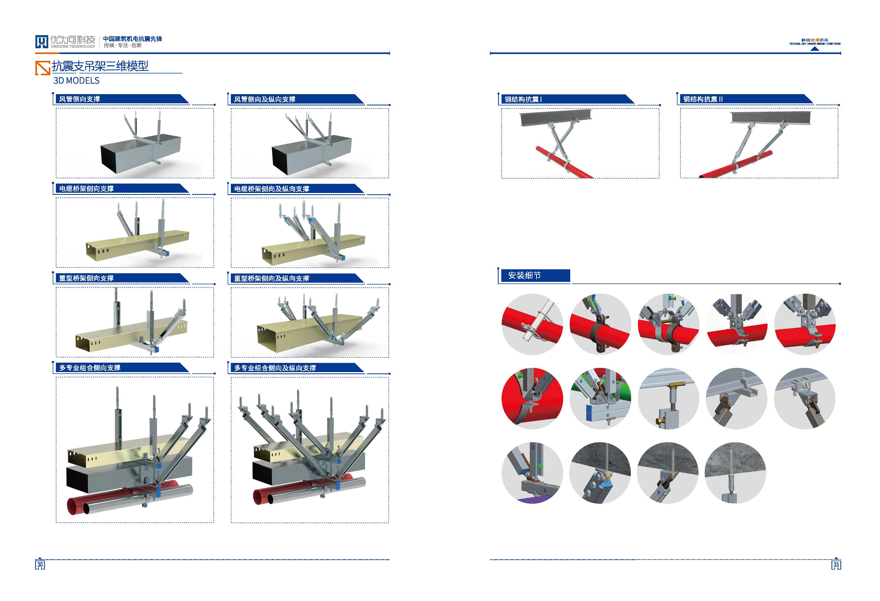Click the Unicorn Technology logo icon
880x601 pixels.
[x=42, y=42]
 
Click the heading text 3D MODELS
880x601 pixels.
[x=77, y=81]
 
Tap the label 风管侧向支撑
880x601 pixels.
[x=79, y=99]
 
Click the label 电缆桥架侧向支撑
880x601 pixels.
[x=86, y=189]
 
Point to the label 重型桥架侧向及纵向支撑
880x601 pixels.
[x=271, y=278]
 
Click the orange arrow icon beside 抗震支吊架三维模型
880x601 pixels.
[x=43, y=68]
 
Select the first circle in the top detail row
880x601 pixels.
[x=532, y=324]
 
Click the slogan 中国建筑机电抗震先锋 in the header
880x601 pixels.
[x=132, y=39]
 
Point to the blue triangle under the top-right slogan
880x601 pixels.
[x=815, y=49]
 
